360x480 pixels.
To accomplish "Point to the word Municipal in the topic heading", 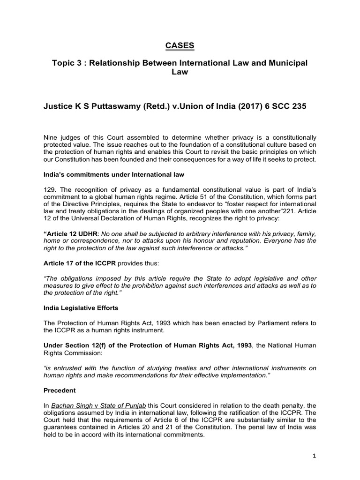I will click(285, 63).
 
